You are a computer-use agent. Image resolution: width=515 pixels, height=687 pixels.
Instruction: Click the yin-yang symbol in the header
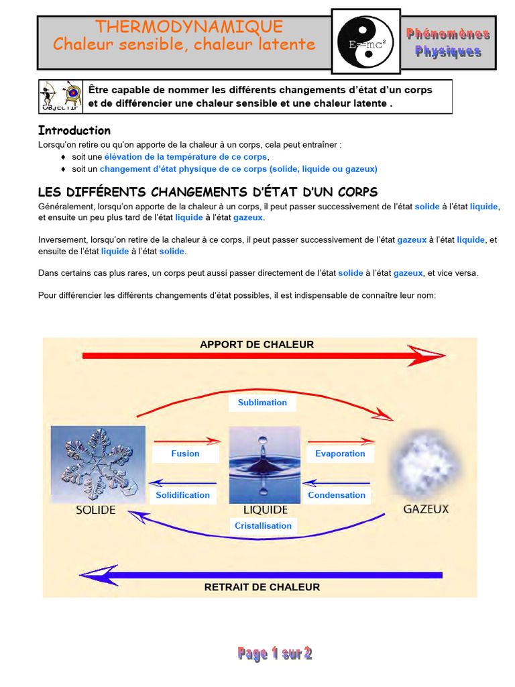[x=367, y=42]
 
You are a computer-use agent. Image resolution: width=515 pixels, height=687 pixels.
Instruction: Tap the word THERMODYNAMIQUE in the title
[x=189, y=27]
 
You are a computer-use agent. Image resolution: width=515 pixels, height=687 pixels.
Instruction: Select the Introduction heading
[x=74, y=130]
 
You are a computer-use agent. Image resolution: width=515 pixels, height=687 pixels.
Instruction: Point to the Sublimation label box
[x=262, y=403]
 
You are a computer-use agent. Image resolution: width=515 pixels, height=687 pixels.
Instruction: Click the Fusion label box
[x=185, y=454]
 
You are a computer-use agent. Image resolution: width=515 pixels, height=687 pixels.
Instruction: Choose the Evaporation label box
[x=340, y=454]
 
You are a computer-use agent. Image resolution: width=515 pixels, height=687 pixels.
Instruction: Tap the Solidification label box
[x=183, y=495]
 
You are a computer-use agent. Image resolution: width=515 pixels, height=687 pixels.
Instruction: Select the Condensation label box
[x=337, y=495]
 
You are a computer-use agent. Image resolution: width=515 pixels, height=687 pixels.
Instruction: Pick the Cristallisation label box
[x=263, y=526]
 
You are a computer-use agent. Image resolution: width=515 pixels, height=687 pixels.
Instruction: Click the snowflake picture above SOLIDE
[x=98, y=464]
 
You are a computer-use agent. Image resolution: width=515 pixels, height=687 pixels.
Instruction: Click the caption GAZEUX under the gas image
[x=426, y=509]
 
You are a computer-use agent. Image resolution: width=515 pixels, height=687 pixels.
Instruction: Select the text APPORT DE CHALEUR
[x=257, y=344]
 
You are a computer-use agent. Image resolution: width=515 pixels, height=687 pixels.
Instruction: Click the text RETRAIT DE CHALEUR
[x=262, y=587]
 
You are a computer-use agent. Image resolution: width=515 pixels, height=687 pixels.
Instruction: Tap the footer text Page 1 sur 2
[x=275, y=653]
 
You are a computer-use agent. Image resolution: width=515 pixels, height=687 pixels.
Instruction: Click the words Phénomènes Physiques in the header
[x=448, y=42]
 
